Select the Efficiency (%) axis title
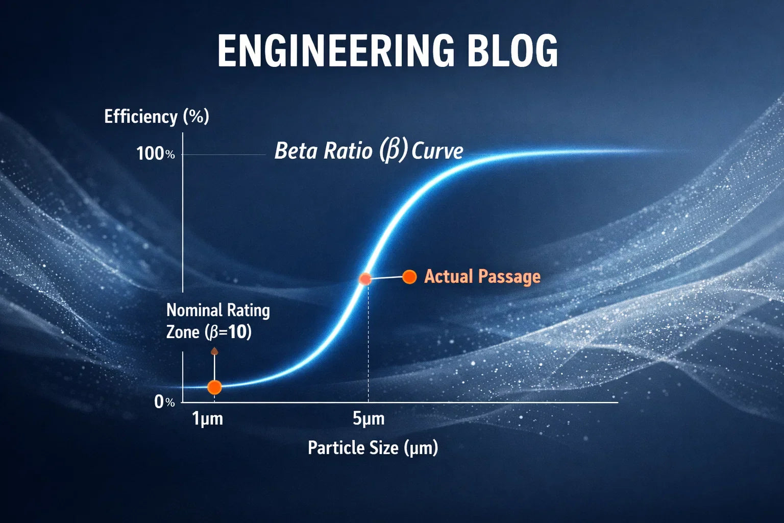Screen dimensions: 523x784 [x=156, y=116]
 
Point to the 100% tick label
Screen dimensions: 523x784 [x=155, y=153]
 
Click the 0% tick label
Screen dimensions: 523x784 [x=164, y=402]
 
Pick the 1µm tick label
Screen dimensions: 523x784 [x=207, y=419]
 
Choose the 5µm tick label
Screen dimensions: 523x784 [x=369, y=419]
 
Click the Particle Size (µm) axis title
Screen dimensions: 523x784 [x=373, y=448]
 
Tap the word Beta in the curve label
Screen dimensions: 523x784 [x=294, y=151]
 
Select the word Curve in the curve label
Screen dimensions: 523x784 [x=437, y=151]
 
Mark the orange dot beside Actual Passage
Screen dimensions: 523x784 [x=409, y=276]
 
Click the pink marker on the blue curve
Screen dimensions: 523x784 [x=365, y=279]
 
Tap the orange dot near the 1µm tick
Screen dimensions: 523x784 [x=214, y=387]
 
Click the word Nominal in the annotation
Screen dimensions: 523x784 [x=194, y=310]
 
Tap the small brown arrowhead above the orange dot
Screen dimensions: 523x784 [x=214, y=351]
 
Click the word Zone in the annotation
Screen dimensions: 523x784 [x=183, y=332]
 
